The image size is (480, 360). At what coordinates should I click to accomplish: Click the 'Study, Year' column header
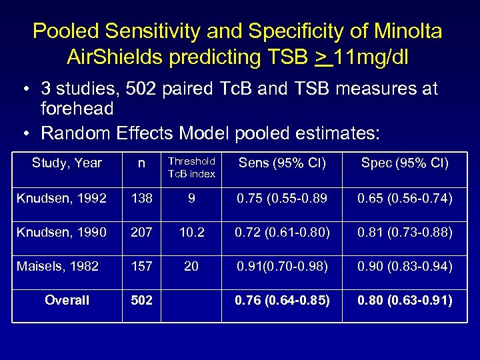point(67,163)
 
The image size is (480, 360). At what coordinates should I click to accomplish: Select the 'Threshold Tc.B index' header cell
point(191,167)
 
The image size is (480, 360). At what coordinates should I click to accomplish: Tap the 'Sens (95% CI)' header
point(282,163)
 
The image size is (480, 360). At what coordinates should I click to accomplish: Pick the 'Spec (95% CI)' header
point(405,163)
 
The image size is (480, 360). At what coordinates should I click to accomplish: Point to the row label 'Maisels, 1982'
point(57,266)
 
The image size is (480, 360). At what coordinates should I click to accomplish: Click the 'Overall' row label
point(67,300)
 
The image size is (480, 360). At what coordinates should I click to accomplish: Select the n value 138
point(141,198)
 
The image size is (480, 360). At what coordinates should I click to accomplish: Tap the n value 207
point(141,232)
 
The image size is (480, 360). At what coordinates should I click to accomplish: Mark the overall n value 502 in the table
point(141,300)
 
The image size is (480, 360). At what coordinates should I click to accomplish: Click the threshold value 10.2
point(191,232)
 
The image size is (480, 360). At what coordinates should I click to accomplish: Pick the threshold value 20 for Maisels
point(191,266)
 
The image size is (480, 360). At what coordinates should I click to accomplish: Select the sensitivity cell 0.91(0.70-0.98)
point(282,266)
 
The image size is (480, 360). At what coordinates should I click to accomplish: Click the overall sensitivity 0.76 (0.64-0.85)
point(282,300)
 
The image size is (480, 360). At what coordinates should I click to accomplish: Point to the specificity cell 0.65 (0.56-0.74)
point(405,198)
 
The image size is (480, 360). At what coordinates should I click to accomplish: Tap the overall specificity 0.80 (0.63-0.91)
point(405,300)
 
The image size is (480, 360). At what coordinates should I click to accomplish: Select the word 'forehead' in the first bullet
point(77,108)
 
